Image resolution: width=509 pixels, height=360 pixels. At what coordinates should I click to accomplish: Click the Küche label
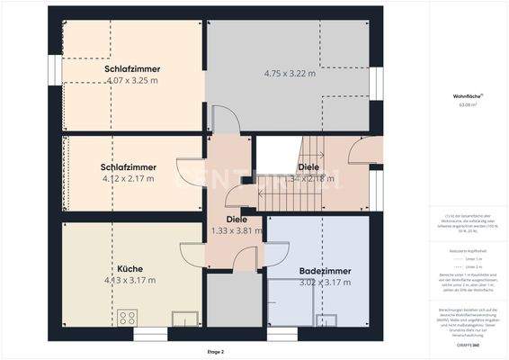tap(129, 269)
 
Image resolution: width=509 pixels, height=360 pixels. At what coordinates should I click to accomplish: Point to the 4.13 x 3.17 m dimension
tap(130, 280)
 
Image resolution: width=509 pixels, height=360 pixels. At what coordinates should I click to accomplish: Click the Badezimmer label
tap(325, 271)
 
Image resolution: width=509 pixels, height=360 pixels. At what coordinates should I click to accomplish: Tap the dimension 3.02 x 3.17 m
tap(325, 282)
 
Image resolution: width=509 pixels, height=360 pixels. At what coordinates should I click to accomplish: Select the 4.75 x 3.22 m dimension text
tap(290, 74)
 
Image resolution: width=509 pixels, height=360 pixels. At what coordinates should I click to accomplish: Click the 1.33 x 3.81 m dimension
tap(236, 230)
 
